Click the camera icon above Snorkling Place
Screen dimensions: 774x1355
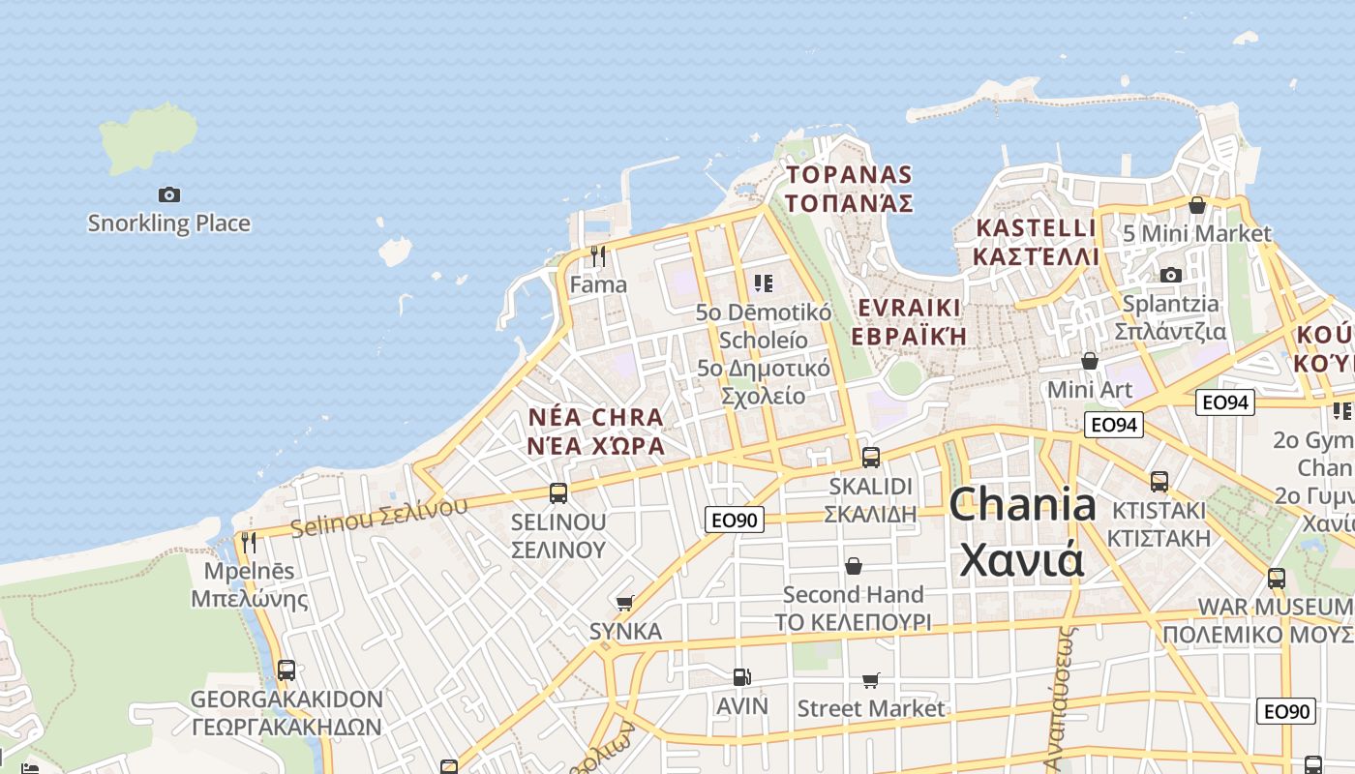pyautogui.click(x=169, y=195)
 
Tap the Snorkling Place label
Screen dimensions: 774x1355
pyautogui.click(x=169, y=223)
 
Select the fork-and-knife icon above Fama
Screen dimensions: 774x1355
pyautogui.click(x=598, y=256)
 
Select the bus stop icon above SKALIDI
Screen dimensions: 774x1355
pyautogui.click(x=871, y=458)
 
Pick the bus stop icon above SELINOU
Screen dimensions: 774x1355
pyautogui.click(x=558, y=493)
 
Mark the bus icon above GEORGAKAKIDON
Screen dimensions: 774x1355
pyautogui.click(x=286, y=670)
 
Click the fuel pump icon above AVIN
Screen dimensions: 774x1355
pyautogui.click(x=741, y=677)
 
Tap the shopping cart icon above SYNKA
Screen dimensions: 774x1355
pyautogui.click(x=625, y=603)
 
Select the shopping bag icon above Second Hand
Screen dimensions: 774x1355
pyautogui.click(x=854, y=566)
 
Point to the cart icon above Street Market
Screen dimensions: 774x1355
pyautogui.click(x=871, y=680)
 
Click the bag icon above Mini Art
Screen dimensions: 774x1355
pyautogui.click(x=1090, y=361)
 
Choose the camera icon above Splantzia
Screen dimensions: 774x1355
pyautogui.click(x=1171, y=276)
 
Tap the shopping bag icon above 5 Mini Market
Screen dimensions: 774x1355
pyautogui.click(x=1197, y=205)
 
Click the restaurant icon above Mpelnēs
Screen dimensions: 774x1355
pyautogui.click(x=249, y=542)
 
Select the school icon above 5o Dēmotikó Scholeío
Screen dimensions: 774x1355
pyautogui.click(x=764, y=283)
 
